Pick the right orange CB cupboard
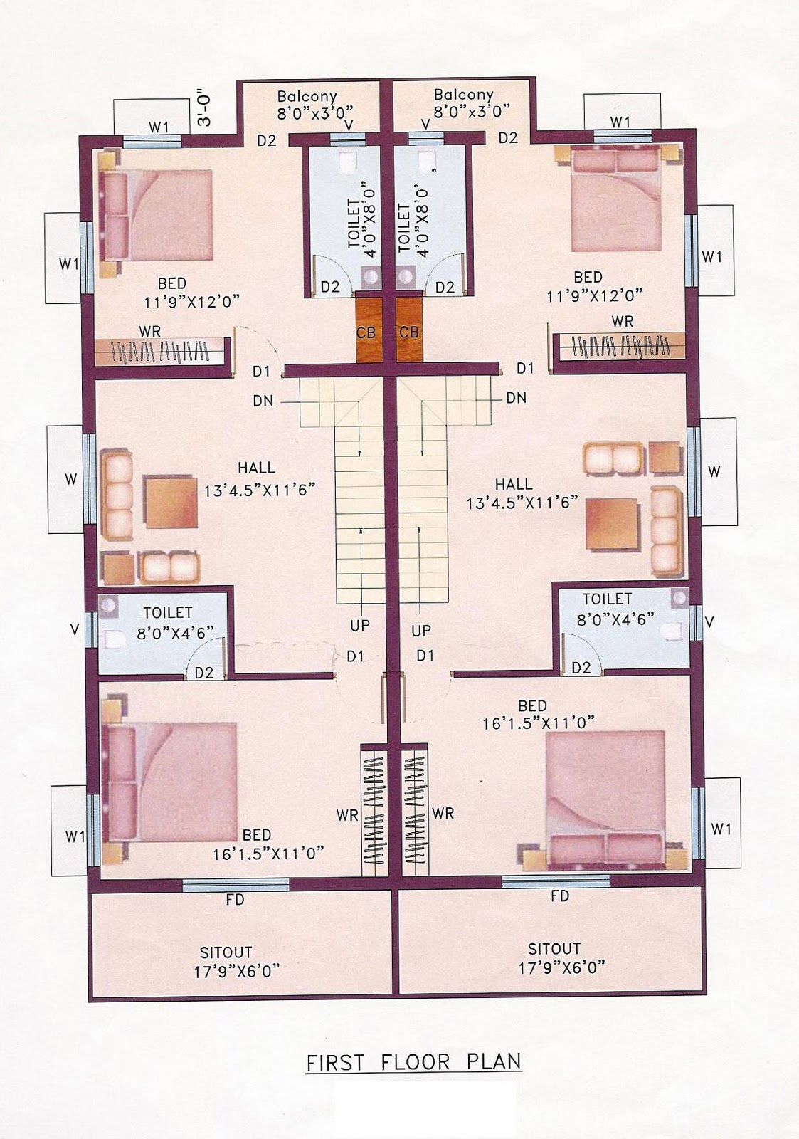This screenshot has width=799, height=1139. click(409, 330)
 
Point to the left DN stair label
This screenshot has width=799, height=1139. click(263, 401)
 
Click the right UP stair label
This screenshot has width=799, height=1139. click(421, 631)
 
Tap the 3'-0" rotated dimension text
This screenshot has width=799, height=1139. click(204, 110)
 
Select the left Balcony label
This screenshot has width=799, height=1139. click(307, 97)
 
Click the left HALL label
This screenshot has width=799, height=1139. click(256, 467)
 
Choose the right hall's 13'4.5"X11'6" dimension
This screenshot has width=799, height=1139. click(522, 503)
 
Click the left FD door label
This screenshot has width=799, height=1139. click(235, 900)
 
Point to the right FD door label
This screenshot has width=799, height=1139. click(560, 896)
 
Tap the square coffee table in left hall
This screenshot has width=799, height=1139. click(170, 503)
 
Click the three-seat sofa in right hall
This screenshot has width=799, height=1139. click(667, 531)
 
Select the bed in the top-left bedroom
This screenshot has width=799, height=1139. click(156, 214)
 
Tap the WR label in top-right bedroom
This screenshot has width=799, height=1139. click(623, 321)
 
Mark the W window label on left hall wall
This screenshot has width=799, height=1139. click(70, 479)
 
